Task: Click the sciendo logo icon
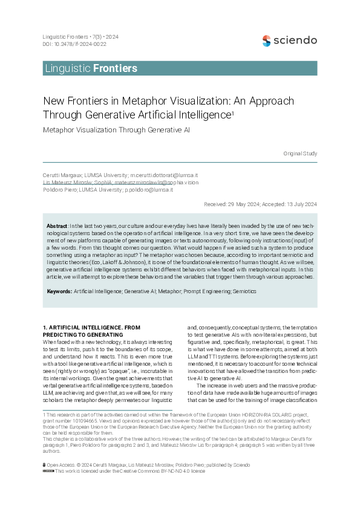(x=267, y=41)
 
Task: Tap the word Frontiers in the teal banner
(x=115, y=68)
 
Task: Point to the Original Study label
(x=300, y=154)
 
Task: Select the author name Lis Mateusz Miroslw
(x=68, y=182)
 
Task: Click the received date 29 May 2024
(x=247, y=204)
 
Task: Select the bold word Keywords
(x=59, y=291)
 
